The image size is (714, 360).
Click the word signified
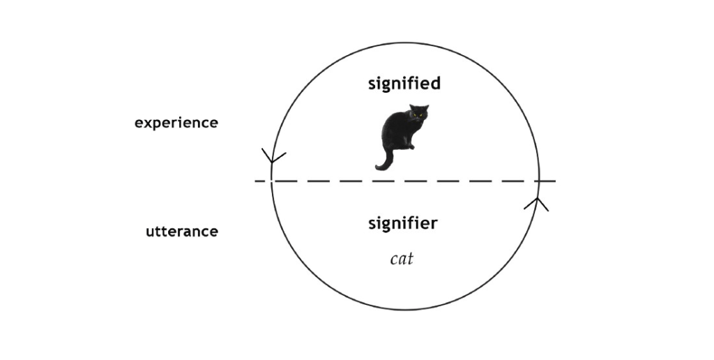click(x=404, y=84)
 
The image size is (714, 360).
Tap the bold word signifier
click(x=403, y=223)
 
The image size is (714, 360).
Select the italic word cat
click(x=402, y=259)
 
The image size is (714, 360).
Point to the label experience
click(x=176, y=123)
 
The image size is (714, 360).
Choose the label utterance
click(x=182, y=232)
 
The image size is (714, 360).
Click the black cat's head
click(x=419, y=114)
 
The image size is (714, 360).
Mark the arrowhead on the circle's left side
click(x=273, y=157)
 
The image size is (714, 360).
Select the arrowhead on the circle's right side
click(x=537, y=204)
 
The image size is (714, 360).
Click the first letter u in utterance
click(x=150, y=232)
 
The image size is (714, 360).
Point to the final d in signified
click(x=436, y=83)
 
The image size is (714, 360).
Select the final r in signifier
click(x=434, y=223)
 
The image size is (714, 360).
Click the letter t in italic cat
click(x=411, y=259)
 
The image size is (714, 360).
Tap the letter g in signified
click(x=389, y=85)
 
